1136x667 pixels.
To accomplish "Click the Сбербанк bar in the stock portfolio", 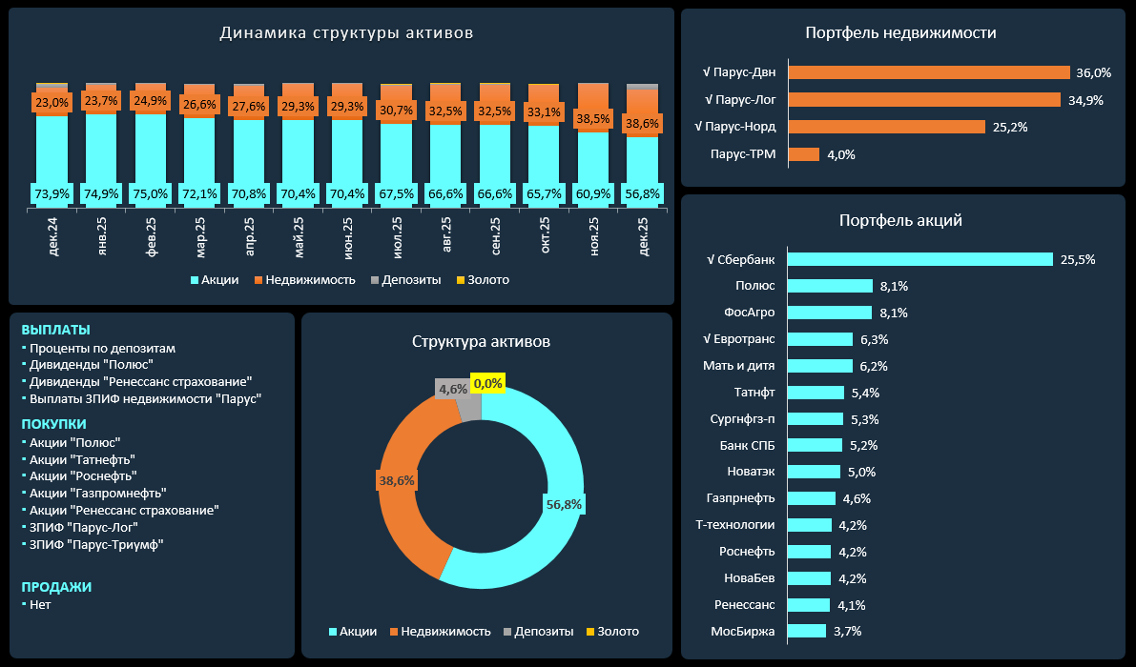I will [x=920, y=259].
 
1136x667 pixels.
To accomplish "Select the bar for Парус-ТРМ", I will [x=804, y=154].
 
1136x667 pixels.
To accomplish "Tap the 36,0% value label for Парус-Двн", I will [x=1094, y=72].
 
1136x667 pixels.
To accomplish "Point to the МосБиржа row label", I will [x=742, y=631].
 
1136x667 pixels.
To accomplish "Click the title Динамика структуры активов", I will [x=346, y=33].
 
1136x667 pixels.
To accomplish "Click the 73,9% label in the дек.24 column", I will [x=52, y=194].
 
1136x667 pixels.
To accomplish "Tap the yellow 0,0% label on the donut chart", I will [x=487, y=382].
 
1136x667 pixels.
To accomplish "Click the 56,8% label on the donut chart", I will [x=564, y=503].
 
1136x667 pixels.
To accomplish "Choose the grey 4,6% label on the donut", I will [x=452, y=389].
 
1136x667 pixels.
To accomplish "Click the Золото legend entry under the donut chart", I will [x=611, y=632].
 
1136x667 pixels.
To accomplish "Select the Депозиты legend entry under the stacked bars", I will [x=405, y=280].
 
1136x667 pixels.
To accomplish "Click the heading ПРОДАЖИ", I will [x=56, y=588].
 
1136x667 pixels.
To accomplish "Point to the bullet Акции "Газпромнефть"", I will [x=98, y=493].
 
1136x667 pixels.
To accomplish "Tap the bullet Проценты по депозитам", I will [x=102, y=349].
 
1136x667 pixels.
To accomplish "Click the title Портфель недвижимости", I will [x=900, y=33].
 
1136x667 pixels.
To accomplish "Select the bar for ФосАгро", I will [x=830, y=313].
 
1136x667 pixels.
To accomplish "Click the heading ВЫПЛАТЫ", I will [x=55, y=330].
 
